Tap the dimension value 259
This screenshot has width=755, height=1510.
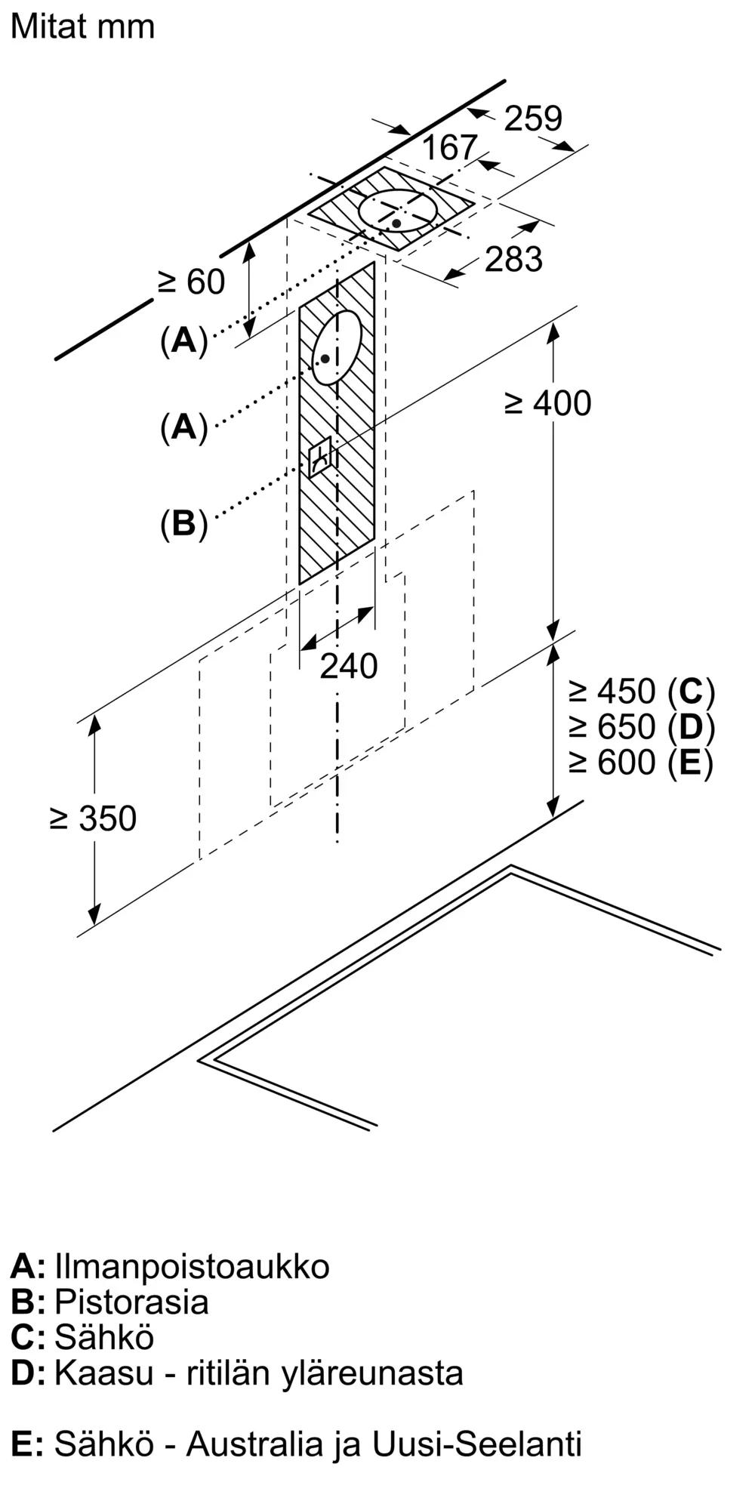(533, 119)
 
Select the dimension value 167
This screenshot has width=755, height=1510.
(450, 147)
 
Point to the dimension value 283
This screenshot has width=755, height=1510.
(513, 259)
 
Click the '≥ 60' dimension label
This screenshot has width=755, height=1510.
(191, 282)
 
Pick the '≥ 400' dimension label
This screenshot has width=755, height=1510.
(548, 403)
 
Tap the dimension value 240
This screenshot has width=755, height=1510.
(348, 666)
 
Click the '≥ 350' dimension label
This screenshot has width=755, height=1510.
(94, 818)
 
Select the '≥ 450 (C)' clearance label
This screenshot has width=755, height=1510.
(642, 691)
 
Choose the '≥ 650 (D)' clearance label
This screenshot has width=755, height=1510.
(642, 726)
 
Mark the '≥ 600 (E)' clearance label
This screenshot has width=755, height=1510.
(641, 762)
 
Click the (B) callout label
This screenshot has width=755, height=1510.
(183, 523)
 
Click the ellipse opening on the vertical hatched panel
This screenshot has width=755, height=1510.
(337, 347)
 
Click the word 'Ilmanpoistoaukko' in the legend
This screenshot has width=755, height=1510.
(193, 1267)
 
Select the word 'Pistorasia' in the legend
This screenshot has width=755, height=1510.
(131, 1302)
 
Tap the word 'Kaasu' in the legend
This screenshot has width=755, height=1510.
(103, 1373)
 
